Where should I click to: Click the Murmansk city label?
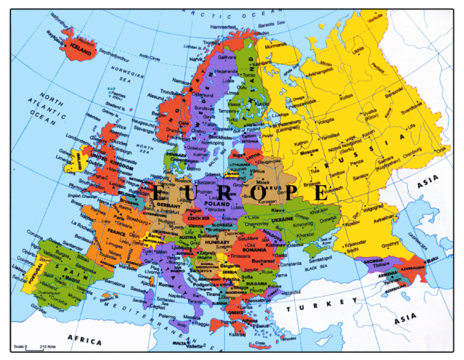[x=280, y=45]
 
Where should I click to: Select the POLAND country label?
[x=215, y=204]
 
